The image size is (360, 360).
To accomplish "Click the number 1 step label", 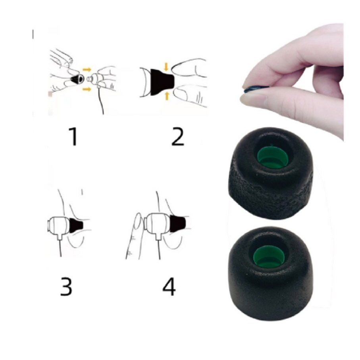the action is [x=73, y=137].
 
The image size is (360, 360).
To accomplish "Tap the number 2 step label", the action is [x=178, y=137].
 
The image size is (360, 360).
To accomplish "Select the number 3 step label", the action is [x=66, y=286].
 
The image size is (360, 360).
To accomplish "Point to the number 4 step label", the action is [x=169, y=286].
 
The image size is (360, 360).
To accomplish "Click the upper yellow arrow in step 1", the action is [x=87, y=69].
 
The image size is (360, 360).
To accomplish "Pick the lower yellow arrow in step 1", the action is [x=87, y=89].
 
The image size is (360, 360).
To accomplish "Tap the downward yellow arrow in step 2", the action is [x=166, y=67].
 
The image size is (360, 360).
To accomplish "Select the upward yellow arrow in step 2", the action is [x=167, y=96].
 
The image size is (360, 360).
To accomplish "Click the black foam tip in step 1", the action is [x=77, y=79].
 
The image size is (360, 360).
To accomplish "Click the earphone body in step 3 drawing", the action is [x=59, y=226].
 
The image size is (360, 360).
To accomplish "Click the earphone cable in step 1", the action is [x=101, y=101].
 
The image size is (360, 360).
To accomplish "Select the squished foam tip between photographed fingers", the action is [x=256, y=89].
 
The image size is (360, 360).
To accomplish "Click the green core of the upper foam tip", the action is [x=272, y=156].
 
